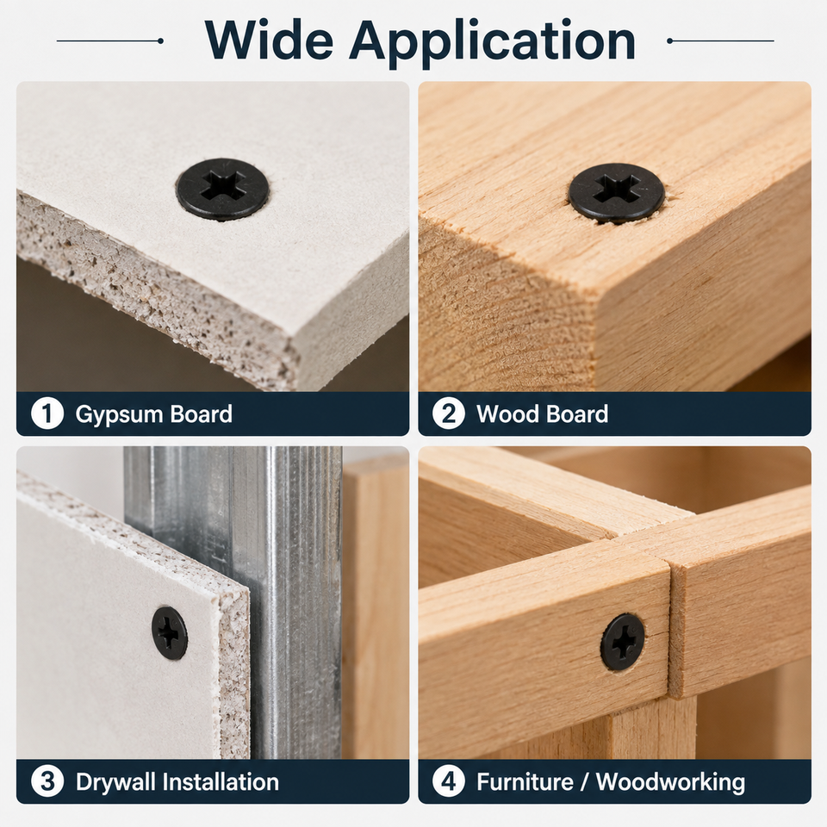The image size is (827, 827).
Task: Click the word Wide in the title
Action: pyautogui.click(x=269, y=40)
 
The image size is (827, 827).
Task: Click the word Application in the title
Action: pyautogui.click(x=492, y=42)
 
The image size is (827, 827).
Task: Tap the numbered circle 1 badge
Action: pyautogui.click(x=47, y=413)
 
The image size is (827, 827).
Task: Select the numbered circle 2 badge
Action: pyautogui.click(x=448, y=413)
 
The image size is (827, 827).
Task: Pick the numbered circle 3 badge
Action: pyautogui.click(x=47, y=781)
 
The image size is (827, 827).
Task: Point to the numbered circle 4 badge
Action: pyautogui.click(x=448, y=781)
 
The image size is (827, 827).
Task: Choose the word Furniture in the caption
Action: pyautogui.click(x=525, y=781)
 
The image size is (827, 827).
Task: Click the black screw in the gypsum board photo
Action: pyautogui.click(x=222, y=189)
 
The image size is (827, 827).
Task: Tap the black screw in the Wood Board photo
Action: pyautogui.click(x=616, y=193)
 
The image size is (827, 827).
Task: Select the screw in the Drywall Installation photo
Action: pyautogui.click(x=170, y=633)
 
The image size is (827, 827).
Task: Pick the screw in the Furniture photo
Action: pyautogui.click(x=622, y=642)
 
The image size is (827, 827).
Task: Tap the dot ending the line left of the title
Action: pyautogui.click(x=160, y=40)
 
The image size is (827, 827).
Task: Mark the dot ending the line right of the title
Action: pyautogui.click(x=670, y=40)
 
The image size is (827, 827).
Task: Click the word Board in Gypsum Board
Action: pyautogui.click(x=202, y=414)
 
